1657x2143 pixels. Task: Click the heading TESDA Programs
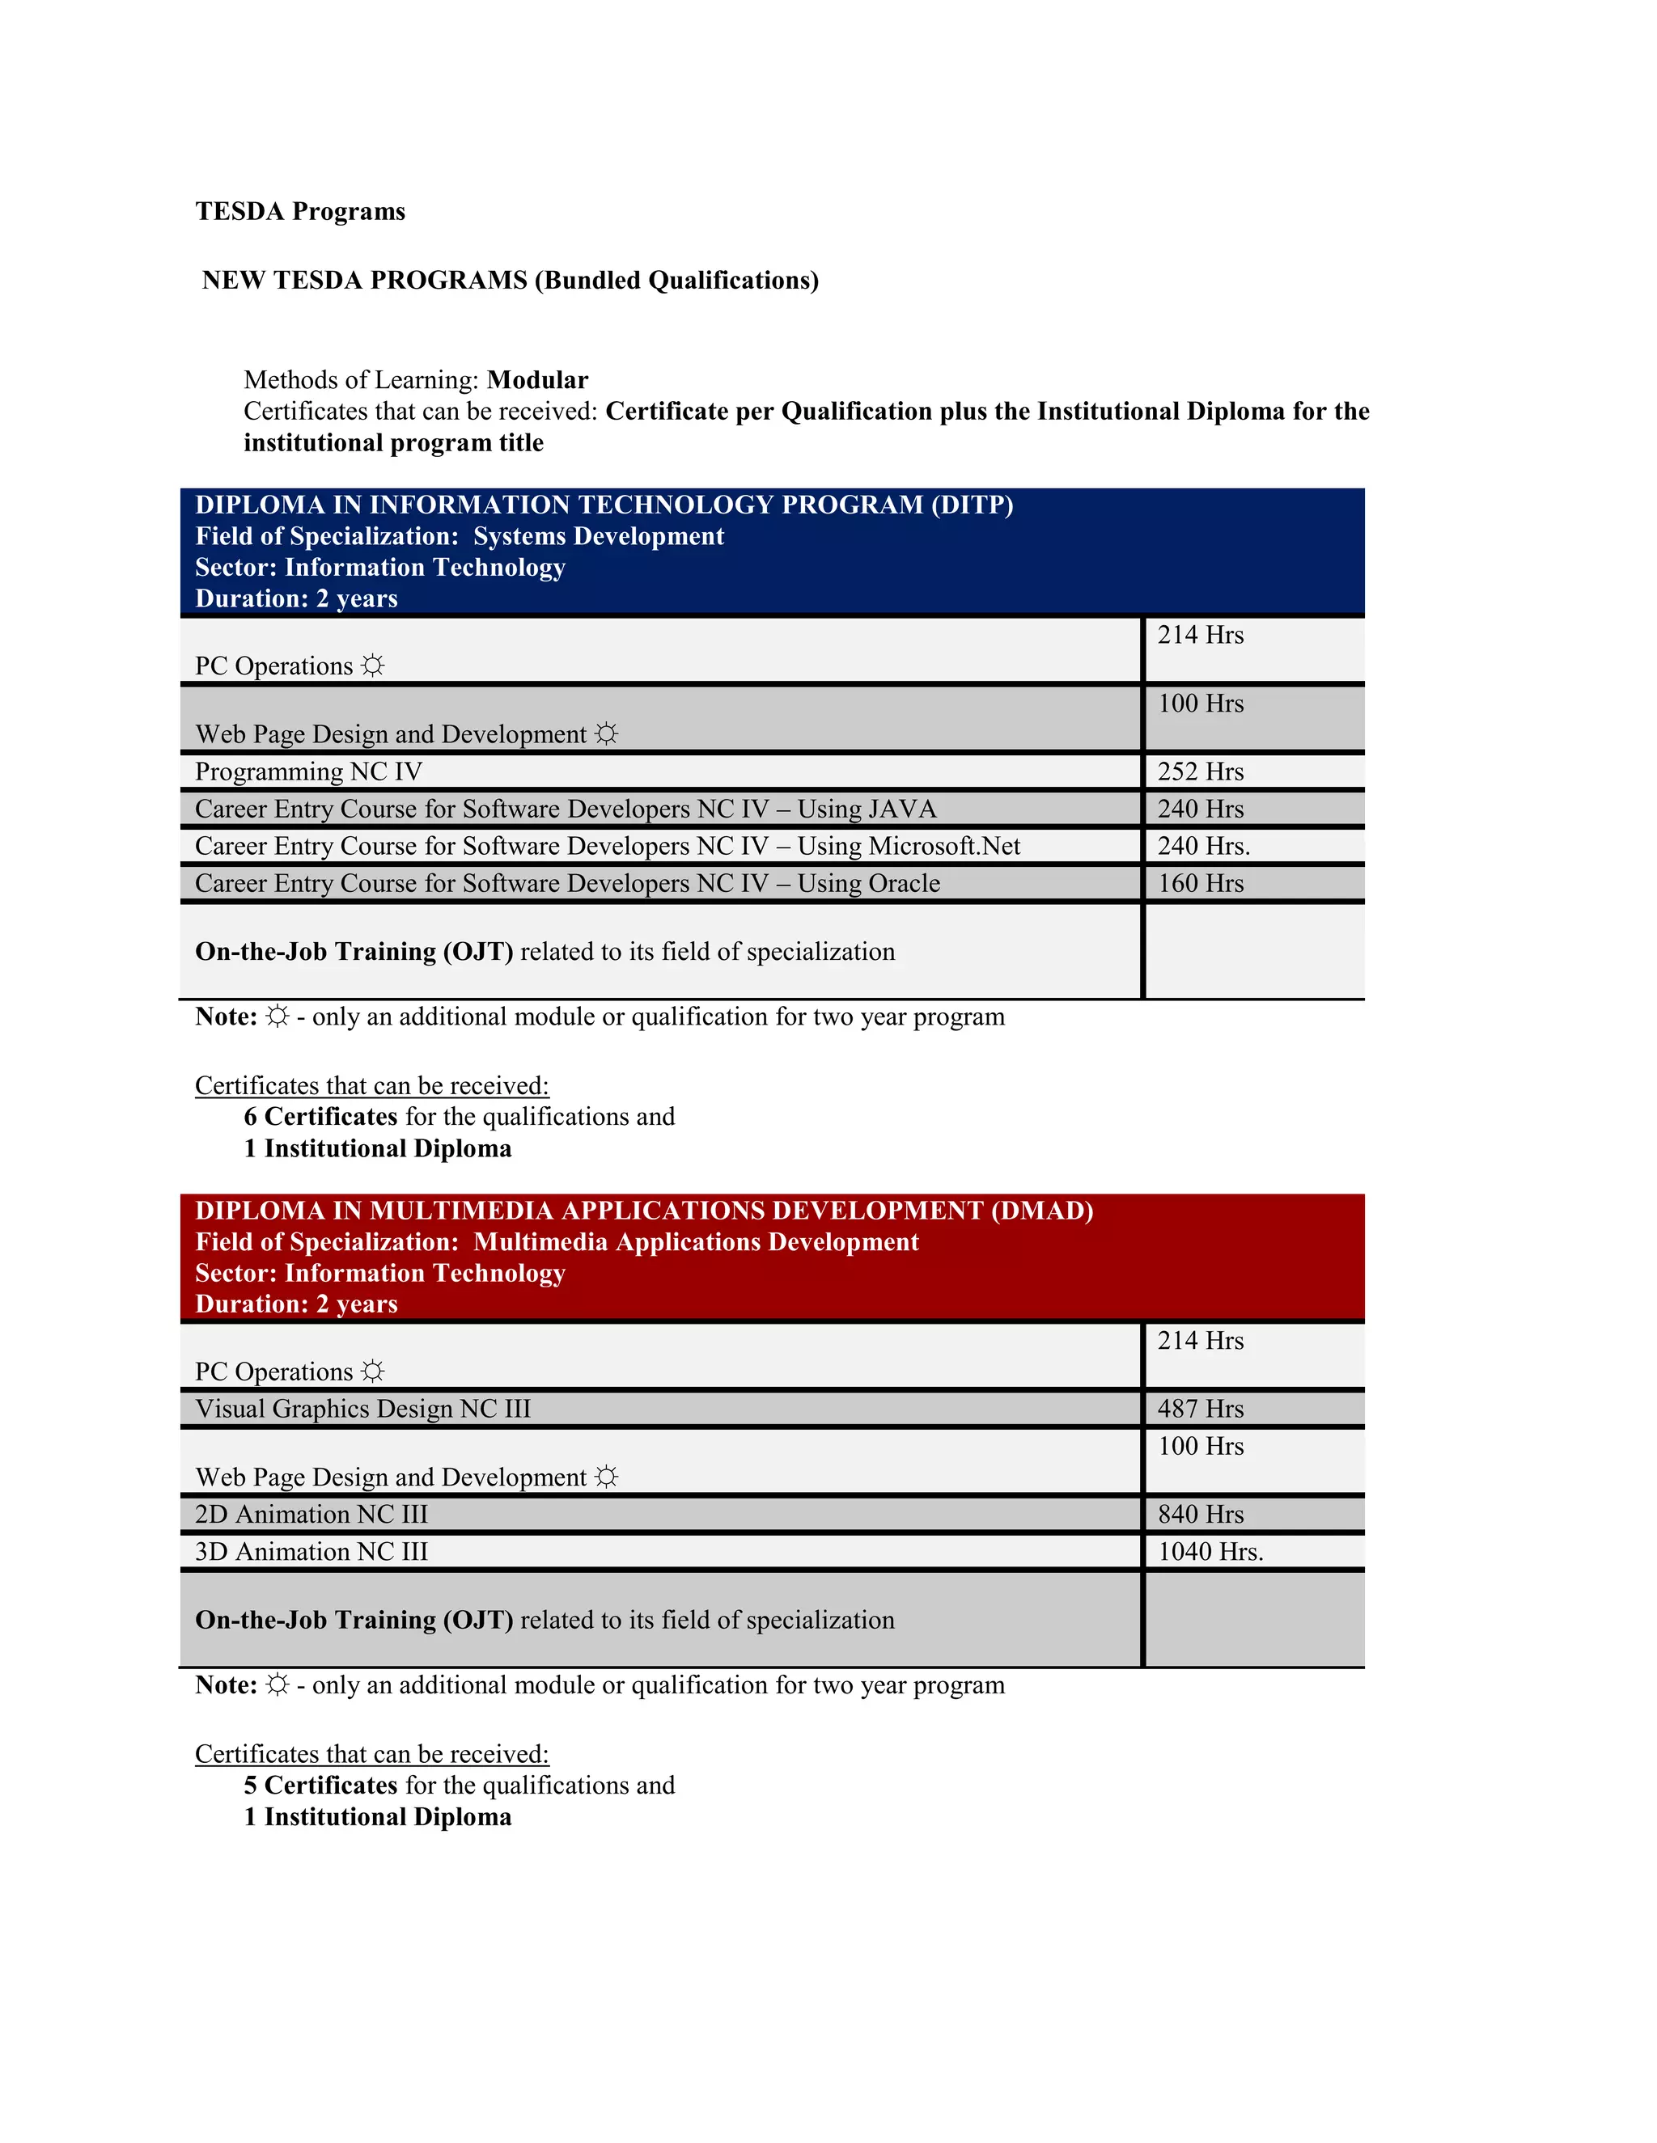299,212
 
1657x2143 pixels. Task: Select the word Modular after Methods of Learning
537,380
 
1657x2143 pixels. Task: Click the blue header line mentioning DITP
604,505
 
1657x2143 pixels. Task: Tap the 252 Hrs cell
1200,772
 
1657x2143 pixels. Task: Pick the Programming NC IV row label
308,772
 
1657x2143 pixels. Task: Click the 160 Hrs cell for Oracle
1200,884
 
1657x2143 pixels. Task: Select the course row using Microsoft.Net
607,847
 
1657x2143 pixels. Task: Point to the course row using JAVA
566,809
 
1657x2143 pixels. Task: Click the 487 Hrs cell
1200,1409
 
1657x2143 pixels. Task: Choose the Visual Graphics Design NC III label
362,1409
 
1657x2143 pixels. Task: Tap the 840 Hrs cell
1200,1515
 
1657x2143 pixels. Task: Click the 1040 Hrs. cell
1210,1553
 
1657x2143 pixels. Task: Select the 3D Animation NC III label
311,1553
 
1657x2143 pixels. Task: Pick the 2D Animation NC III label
311,1515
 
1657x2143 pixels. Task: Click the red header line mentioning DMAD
644,1211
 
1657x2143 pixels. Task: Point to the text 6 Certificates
320,1118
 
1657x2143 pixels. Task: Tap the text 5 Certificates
320,1786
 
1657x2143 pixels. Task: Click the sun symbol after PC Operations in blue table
373,666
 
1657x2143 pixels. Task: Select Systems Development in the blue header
598,537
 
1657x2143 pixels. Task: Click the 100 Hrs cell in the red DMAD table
1200,1447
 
